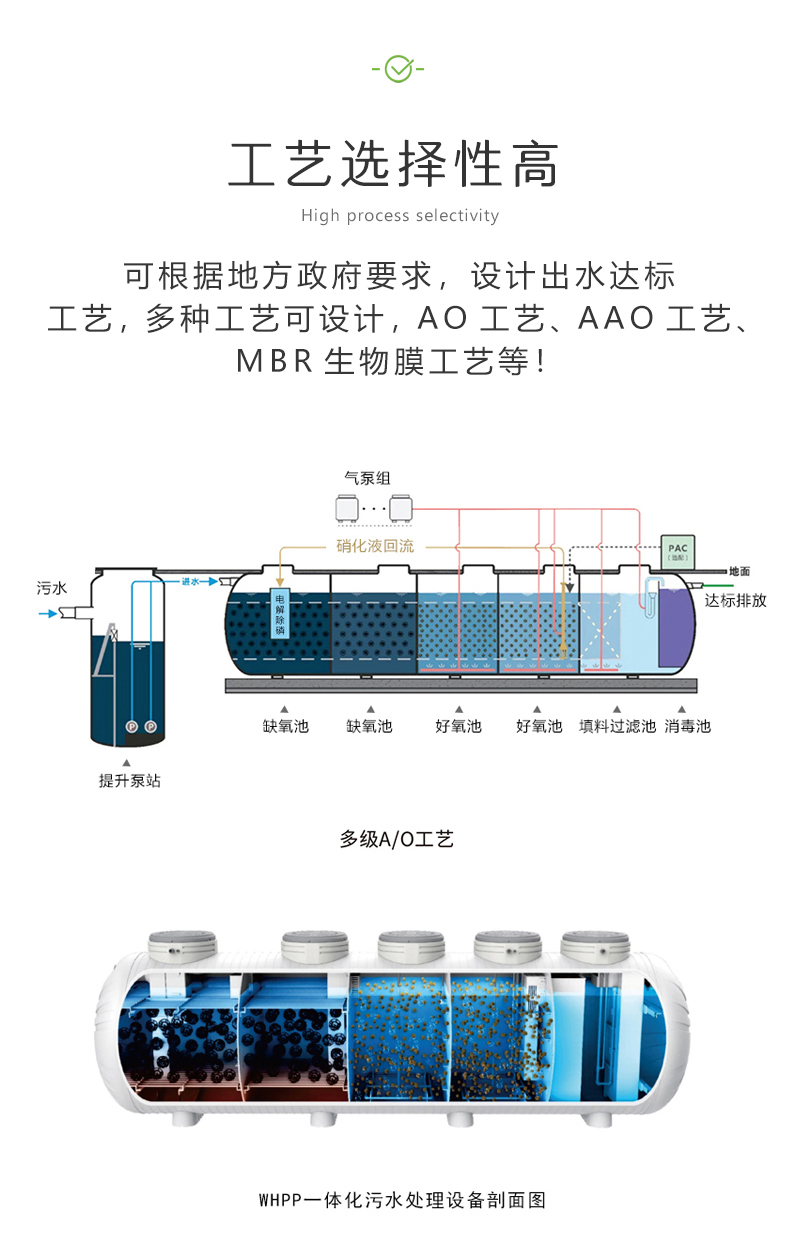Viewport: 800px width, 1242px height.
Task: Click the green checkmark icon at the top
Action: (399, 68)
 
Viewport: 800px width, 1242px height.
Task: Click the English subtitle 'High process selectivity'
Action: (399, 216)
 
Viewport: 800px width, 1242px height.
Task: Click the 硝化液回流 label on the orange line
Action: (375, 546)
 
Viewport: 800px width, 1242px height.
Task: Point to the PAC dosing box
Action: (679, 550)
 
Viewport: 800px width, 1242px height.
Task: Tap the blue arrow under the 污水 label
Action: (48, 612)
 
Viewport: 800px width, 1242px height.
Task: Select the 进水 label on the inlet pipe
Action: (190, 581)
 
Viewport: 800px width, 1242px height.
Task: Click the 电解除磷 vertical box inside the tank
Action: (280, 613)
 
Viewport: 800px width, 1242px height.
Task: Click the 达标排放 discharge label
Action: (735, 600)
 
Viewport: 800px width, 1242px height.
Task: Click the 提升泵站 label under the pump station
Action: (129, 781)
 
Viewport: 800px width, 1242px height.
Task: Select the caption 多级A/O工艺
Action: (397, 839)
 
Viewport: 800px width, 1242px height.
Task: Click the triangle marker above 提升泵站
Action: (126, 763)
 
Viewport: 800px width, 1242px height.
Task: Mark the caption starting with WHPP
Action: (401, 1199)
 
